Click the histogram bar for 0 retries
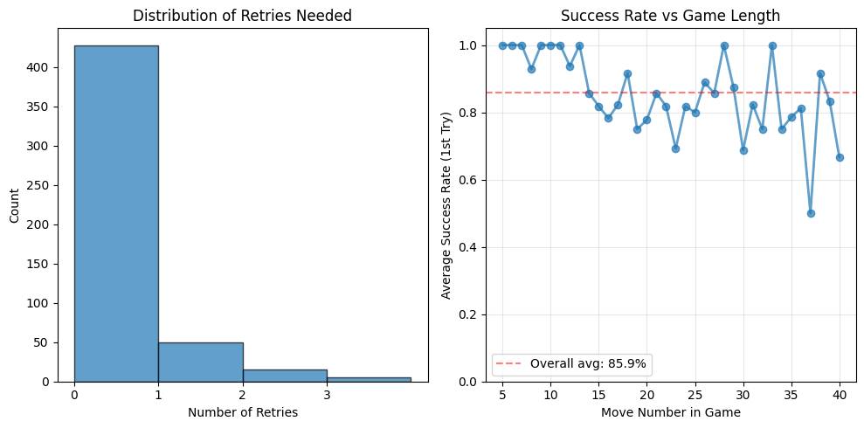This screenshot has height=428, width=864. click(x=116, y=214)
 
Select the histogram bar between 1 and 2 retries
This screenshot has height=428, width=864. click(x=200, y=362)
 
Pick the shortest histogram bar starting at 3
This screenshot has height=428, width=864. click(x=369, y=379)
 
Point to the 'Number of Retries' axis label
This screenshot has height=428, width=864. click(x=242, y=412)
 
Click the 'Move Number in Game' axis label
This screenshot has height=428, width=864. click(x=670, y=412)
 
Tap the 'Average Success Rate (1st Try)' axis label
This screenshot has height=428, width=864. click(x=446, y=206)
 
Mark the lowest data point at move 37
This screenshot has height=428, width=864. click(x=811, y=213)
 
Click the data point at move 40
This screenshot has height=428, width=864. click(x=840, y=157)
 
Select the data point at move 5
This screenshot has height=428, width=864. click(x=502, y=45)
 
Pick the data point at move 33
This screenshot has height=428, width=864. click(x=772, y=45)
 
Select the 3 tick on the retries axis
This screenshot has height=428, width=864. click(x=327, y=395)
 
